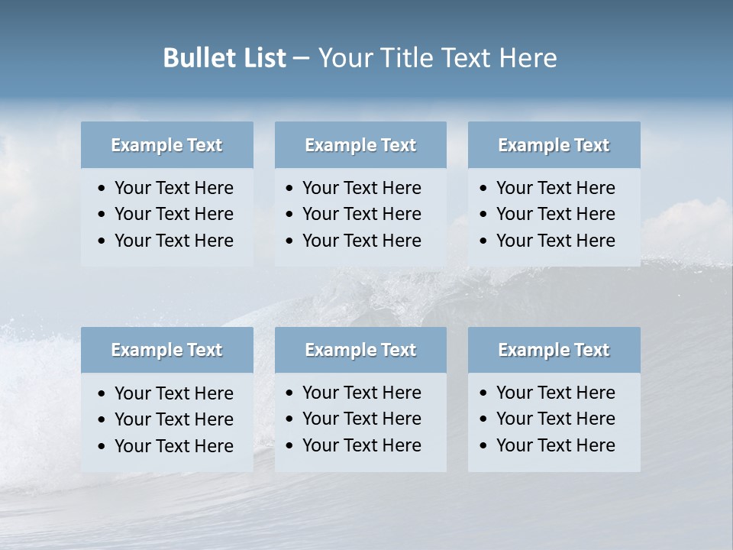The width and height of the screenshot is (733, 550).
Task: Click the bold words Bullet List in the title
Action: point(224,58)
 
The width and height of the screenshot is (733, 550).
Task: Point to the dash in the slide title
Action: point(301,59)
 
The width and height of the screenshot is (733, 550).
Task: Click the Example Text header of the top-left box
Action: point(166,145)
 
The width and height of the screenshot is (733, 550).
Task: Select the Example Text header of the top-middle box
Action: point(360,145)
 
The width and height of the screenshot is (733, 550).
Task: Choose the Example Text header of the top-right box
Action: point(554,145)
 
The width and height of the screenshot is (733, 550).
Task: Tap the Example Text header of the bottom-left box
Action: point(166,350)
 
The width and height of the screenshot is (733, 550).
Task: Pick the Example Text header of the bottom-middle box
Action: point(360,350)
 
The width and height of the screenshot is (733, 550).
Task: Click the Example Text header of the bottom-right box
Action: point(554,350)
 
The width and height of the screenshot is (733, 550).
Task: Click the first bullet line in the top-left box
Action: point(173,188)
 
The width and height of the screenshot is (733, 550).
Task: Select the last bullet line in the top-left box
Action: point(173,241)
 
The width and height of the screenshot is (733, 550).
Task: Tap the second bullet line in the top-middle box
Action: point(361,214)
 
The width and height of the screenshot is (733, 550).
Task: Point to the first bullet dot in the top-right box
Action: point(484,189)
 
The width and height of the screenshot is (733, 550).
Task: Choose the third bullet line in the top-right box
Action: point(555,241)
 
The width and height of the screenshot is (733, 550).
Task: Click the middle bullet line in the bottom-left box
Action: point(173,419)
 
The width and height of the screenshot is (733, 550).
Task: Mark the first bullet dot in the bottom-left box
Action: point(102,394)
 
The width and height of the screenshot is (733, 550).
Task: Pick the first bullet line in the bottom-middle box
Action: point(361,393)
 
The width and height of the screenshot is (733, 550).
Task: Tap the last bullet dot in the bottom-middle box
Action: point(290,446)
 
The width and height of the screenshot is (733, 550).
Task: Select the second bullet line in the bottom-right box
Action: point(555,419)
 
